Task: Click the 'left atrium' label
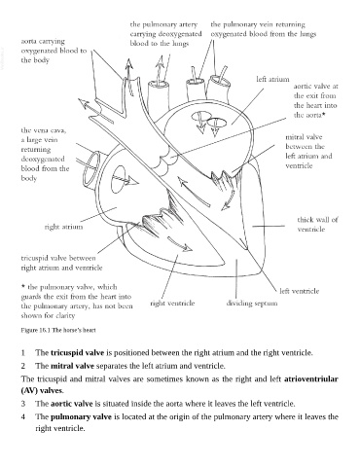[272, 80]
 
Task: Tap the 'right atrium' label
[63, 227]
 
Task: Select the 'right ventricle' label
[172, 304]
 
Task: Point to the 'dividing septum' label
[252, 304]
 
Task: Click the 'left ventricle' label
[300, 291]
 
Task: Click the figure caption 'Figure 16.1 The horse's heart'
[58, 330]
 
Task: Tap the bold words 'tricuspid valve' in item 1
[77, 352]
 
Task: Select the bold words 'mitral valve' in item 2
[72, 366]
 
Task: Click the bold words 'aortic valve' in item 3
[72, 404]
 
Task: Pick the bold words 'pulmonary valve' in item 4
[81, 416]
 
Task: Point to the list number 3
[23, 404]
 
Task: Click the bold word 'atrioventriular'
[311, 379]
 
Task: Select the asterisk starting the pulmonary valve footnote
[23, 287]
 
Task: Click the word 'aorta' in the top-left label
[28, 41]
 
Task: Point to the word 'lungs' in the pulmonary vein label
[307, 34]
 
